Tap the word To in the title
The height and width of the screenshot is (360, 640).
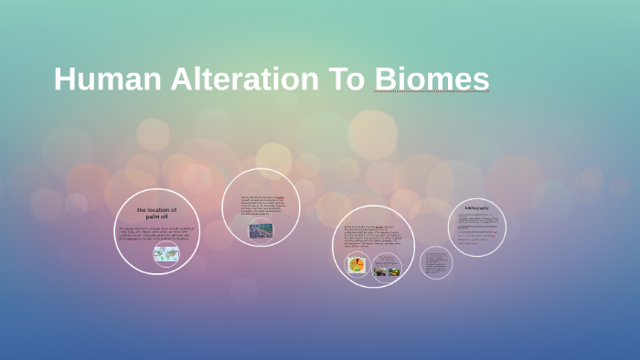[343, 79]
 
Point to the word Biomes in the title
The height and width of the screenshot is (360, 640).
[432, 79]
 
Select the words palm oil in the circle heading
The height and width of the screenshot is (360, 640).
[157, 217]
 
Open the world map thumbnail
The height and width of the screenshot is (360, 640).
[165, 254]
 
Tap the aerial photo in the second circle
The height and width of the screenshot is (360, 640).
[261, 230]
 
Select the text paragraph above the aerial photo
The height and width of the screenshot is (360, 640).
[262, 207]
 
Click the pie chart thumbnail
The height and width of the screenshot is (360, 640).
[356, 265]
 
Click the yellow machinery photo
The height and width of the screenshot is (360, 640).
[394, 270]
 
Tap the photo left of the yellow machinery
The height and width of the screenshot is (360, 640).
[380, 270]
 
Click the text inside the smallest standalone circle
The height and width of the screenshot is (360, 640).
[436, 262]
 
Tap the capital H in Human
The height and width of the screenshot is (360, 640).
[63, 79]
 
